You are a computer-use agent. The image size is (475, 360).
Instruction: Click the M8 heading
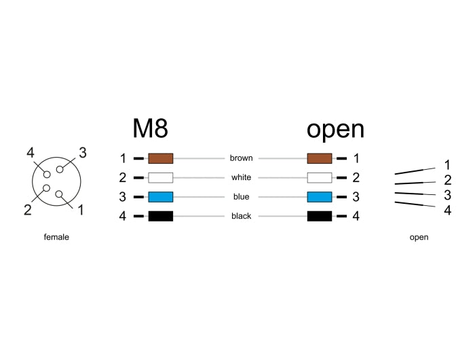tap(150, 128)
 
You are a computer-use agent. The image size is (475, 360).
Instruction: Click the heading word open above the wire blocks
tap(335, 129)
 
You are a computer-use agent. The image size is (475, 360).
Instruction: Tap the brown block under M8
tap(160, 158)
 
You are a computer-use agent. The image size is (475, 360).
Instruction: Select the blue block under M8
tap(160, 197)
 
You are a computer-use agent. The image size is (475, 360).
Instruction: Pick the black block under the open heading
tap(320, 217)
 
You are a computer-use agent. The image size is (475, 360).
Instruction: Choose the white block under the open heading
tap(320, 178)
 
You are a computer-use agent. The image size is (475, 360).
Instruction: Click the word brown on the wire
tap(241, 158)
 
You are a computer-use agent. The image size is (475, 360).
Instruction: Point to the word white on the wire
tap(241, 178)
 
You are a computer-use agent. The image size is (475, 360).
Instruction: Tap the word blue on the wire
tap(241, 197)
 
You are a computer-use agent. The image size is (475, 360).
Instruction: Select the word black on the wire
tap(241, 217)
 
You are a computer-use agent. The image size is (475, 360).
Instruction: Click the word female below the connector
tap(56, 238)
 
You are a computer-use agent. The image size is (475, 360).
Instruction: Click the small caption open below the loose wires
tap(419, 238)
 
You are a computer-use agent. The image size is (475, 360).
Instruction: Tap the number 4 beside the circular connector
tap(31, 153)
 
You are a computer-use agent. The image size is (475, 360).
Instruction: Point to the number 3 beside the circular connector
tap(82, 153)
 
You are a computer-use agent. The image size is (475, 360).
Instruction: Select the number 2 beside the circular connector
tap(28, 210)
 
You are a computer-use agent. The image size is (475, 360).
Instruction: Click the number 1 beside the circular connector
tap(81, 210)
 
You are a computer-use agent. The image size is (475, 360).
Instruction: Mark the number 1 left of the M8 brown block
tap(123, 158)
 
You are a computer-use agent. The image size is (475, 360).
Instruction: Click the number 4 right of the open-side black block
tap(356, 217)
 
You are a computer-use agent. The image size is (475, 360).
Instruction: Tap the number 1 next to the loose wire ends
tap(447, 165)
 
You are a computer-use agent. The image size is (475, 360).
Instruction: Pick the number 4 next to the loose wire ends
tap(447, 211)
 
